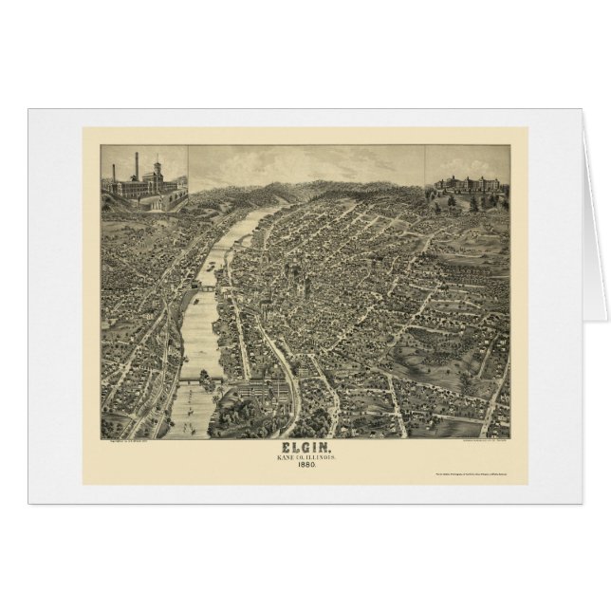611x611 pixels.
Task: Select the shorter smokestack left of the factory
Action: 114,174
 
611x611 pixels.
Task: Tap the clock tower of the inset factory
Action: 156,172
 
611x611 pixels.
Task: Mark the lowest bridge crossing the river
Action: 200,380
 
